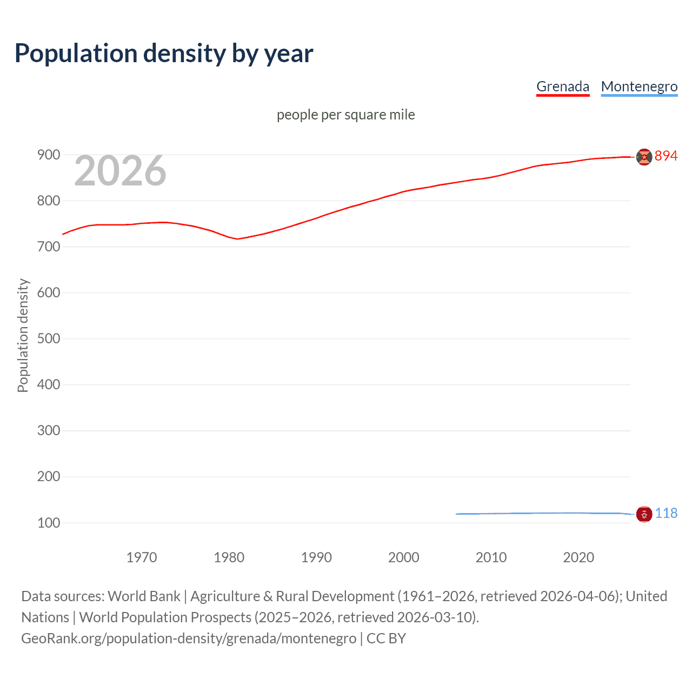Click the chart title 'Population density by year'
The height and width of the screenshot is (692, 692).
[x=164, y=54]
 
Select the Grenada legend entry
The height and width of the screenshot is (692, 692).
[x=562, y=86]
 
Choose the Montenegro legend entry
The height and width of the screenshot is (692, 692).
[x=639, y=86]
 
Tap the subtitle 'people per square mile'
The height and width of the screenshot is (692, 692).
[x=345, y=115]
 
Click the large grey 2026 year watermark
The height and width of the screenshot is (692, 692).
[x=120, y=171]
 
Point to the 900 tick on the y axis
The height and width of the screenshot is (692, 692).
[x=49, y=155]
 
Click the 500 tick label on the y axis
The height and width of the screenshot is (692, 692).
[x=49, y=338]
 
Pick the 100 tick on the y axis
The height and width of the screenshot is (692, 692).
[x=49, y=523]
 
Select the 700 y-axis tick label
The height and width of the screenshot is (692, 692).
[x=49, y=247]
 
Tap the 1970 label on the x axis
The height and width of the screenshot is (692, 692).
[x=142, y=557]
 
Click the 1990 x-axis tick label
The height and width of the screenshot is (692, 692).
[x=316, y=557]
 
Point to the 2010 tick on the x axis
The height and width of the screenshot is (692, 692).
[x=491, y=557]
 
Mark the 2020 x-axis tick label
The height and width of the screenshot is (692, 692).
[x=578, y=557]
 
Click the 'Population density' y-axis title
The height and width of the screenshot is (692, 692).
[x=23, y=335]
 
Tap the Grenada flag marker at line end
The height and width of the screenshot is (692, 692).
[x=644, y=157]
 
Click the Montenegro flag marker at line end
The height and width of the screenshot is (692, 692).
[x=644, y=514]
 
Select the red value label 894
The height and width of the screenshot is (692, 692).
[x=666, y=156]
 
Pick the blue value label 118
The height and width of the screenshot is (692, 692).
[x=666, y=513]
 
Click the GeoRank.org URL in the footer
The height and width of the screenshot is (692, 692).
[x=189, y=638]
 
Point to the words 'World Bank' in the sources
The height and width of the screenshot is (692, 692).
[x=144, y=596]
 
